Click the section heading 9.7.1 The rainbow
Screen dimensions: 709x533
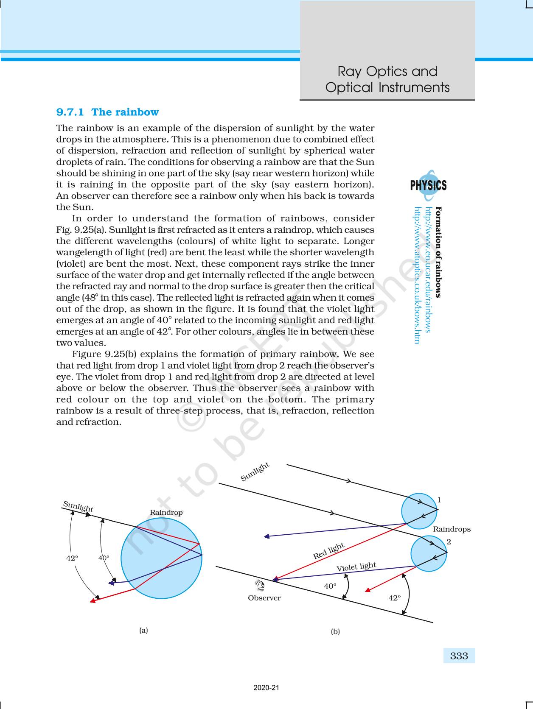pyautogui.click(x=107, y=112)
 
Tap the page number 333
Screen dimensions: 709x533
pyautogui.click(x=459, y=656)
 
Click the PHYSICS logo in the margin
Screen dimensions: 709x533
pyautogui.click(x=428, y=185)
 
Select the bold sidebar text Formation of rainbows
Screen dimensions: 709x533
pyautogui.click(x=439, y=252)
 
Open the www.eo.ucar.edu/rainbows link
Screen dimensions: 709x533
pyautogui.click(x=428, y=269)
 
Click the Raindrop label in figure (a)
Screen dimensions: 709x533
pyautogui.click(x=166, y=513)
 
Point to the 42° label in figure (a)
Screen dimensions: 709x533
pyautogui.click(x=73, y=558)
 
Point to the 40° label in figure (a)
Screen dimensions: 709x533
pyautogui.click(x=104, y=558)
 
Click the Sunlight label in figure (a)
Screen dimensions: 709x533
pyautogui.click(x=78, y=506)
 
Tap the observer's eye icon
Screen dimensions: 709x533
pyautogui.click(x=259, y=586)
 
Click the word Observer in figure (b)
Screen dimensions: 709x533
pyautogui.click(x=264, y=598)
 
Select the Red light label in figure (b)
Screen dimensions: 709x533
pyautogui.click(x=328, y=550)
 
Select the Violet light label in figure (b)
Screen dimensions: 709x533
pyautogui.click(x=356, y=567)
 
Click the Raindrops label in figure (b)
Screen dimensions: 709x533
pyautogui.click(x=452, y=529)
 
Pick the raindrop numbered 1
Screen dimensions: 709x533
pyautogui.click(x=419, y=511)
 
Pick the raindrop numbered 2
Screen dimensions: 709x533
pyautogui.click(x=428, y=553)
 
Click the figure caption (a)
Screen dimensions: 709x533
pyautogui.click(x=144, y=630)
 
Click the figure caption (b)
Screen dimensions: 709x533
pyautogui.click(x=335, y=631)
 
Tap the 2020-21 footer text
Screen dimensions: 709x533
pyautogui.click(x=266, y=688)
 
